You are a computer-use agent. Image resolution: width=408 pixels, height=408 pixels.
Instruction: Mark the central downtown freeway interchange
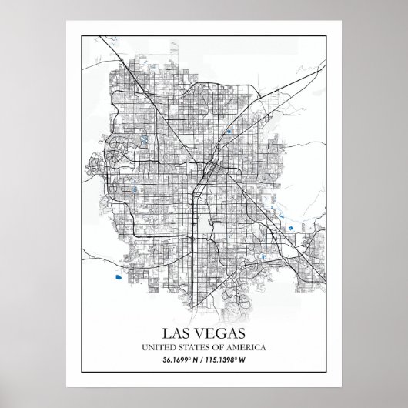click(x=208, y=167)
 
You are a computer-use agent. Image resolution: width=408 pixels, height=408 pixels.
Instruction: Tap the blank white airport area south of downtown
click(x=216, y=223)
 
